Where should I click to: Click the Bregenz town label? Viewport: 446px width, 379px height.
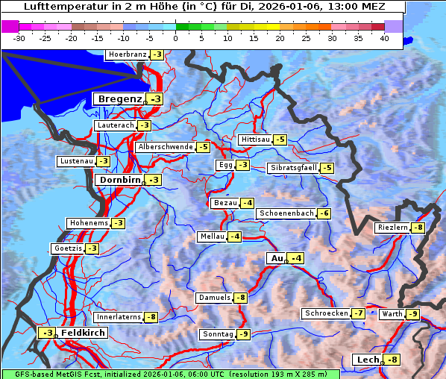(118, 99)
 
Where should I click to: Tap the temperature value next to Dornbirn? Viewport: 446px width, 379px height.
(154, 180)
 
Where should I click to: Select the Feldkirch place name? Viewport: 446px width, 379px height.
(83, 333)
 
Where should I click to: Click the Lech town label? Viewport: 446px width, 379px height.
(368, 360)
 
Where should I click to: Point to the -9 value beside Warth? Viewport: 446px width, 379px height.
(412, 314)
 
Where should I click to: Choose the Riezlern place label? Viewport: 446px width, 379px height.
(392, 228)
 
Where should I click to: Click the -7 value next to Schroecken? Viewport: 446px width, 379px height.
(359, 313)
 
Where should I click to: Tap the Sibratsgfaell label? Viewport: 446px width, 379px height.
(293, 168)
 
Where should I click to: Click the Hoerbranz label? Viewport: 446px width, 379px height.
(127, 54)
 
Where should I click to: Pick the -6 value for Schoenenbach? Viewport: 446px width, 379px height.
(324, 213)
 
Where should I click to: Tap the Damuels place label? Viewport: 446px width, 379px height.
(214, 298)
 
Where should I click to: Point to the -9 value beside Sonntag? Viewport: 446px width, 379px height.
(244, 334)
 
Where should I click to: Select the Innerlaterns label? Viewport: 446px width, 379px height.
(119, 317)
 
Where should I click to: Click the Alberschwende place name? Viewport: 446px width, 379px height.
(165, 147)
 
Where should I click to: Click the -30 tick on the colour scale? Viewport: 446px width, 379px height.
(19, 37)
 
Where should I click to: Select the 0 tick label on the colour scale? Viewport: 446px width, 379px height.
(175, 37)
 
